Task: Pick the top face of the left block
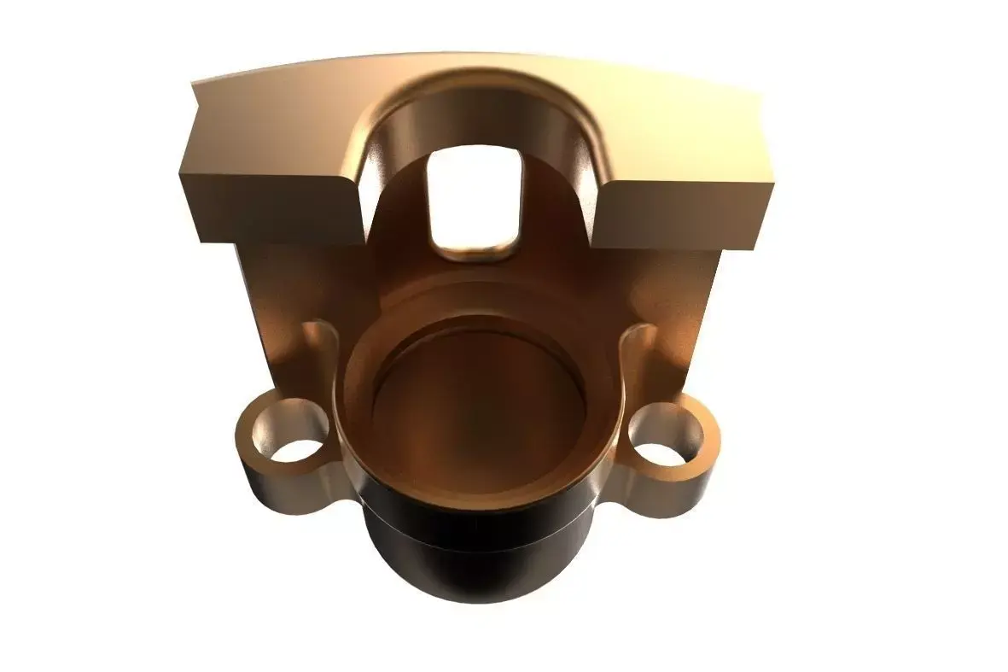(x=273, y=128)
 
